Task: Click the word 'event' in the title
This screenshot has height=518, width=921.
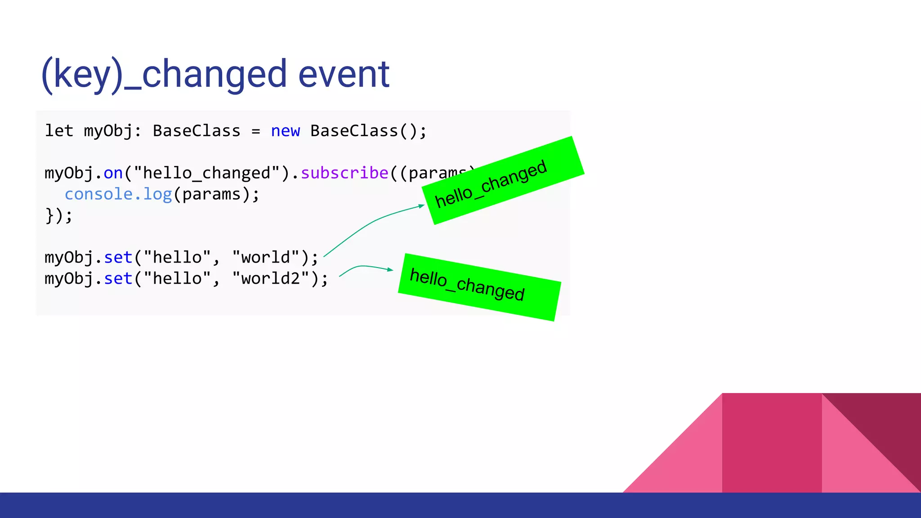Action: point(344,75)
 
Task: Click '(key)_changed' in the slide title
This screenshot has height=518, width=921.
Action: point(164,75)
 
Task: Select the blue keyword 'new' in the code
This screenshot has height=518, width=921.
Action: point(285,131)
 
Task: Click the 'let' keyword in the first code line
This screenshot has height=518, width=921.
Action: point(58,131)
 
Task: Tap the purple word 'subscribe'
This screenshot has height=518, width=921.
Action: point(344,173)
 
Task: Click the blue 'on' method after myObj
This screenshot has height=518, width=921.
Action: point(113,173)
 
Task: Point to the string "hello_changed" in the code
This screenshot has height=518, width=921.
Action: point(206,173)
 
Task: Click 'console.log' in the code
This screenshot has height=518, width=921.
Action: point(118,194)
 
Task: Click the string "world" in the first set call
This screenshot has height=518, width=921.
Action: point(265,258)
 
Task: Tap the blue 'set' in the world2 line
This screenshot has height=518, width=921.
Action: point(118,279)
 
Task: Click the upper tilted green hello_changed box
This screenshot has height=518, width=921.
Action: point(503,180)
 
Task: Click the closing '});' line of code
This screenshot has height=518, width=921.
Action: point(58,215)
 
